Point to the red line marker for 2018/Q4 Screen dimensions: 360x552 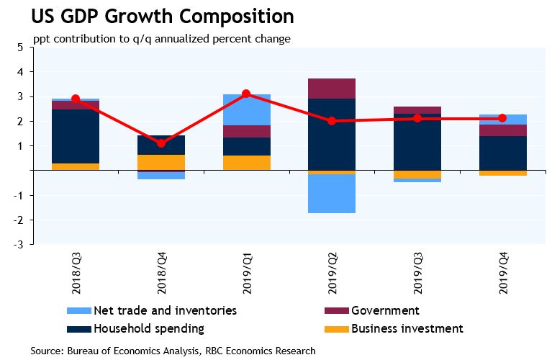[161, 143]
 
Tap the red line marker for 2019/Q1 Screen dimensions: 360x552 [246, 94]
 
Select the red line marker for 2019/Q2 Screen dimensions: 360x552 [332, 121]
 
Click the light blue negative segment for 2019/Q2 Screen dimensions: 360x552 [332, 193]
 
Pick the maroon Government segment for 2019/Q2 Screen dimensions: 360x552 [332, 89]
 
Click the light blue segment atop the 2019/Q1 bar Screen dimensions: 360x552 [246, 109]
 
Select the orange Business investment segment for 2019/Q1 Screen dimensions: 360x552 [246, 163]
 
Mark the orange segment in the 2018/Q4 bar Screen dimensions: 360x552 [161, 162]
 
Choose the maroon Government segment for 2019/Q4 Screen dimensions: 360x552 [502, 130]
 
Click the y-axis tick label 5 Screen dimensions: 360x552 [20, 48]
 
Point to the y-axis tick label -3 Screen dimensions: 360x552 [19, 245]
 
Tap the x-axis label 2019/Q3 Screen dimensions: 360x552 [417, 274]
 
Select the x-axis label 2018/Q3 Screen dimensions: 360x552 [76, 274]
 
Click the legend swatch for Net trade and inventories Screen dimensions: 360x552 [78, 311]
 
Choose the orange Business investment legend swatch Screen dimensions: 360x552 [337, 329]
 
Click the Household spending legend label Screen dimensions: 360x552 [149, 329]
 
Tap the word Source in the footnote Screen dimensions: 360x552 [46, 351]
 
